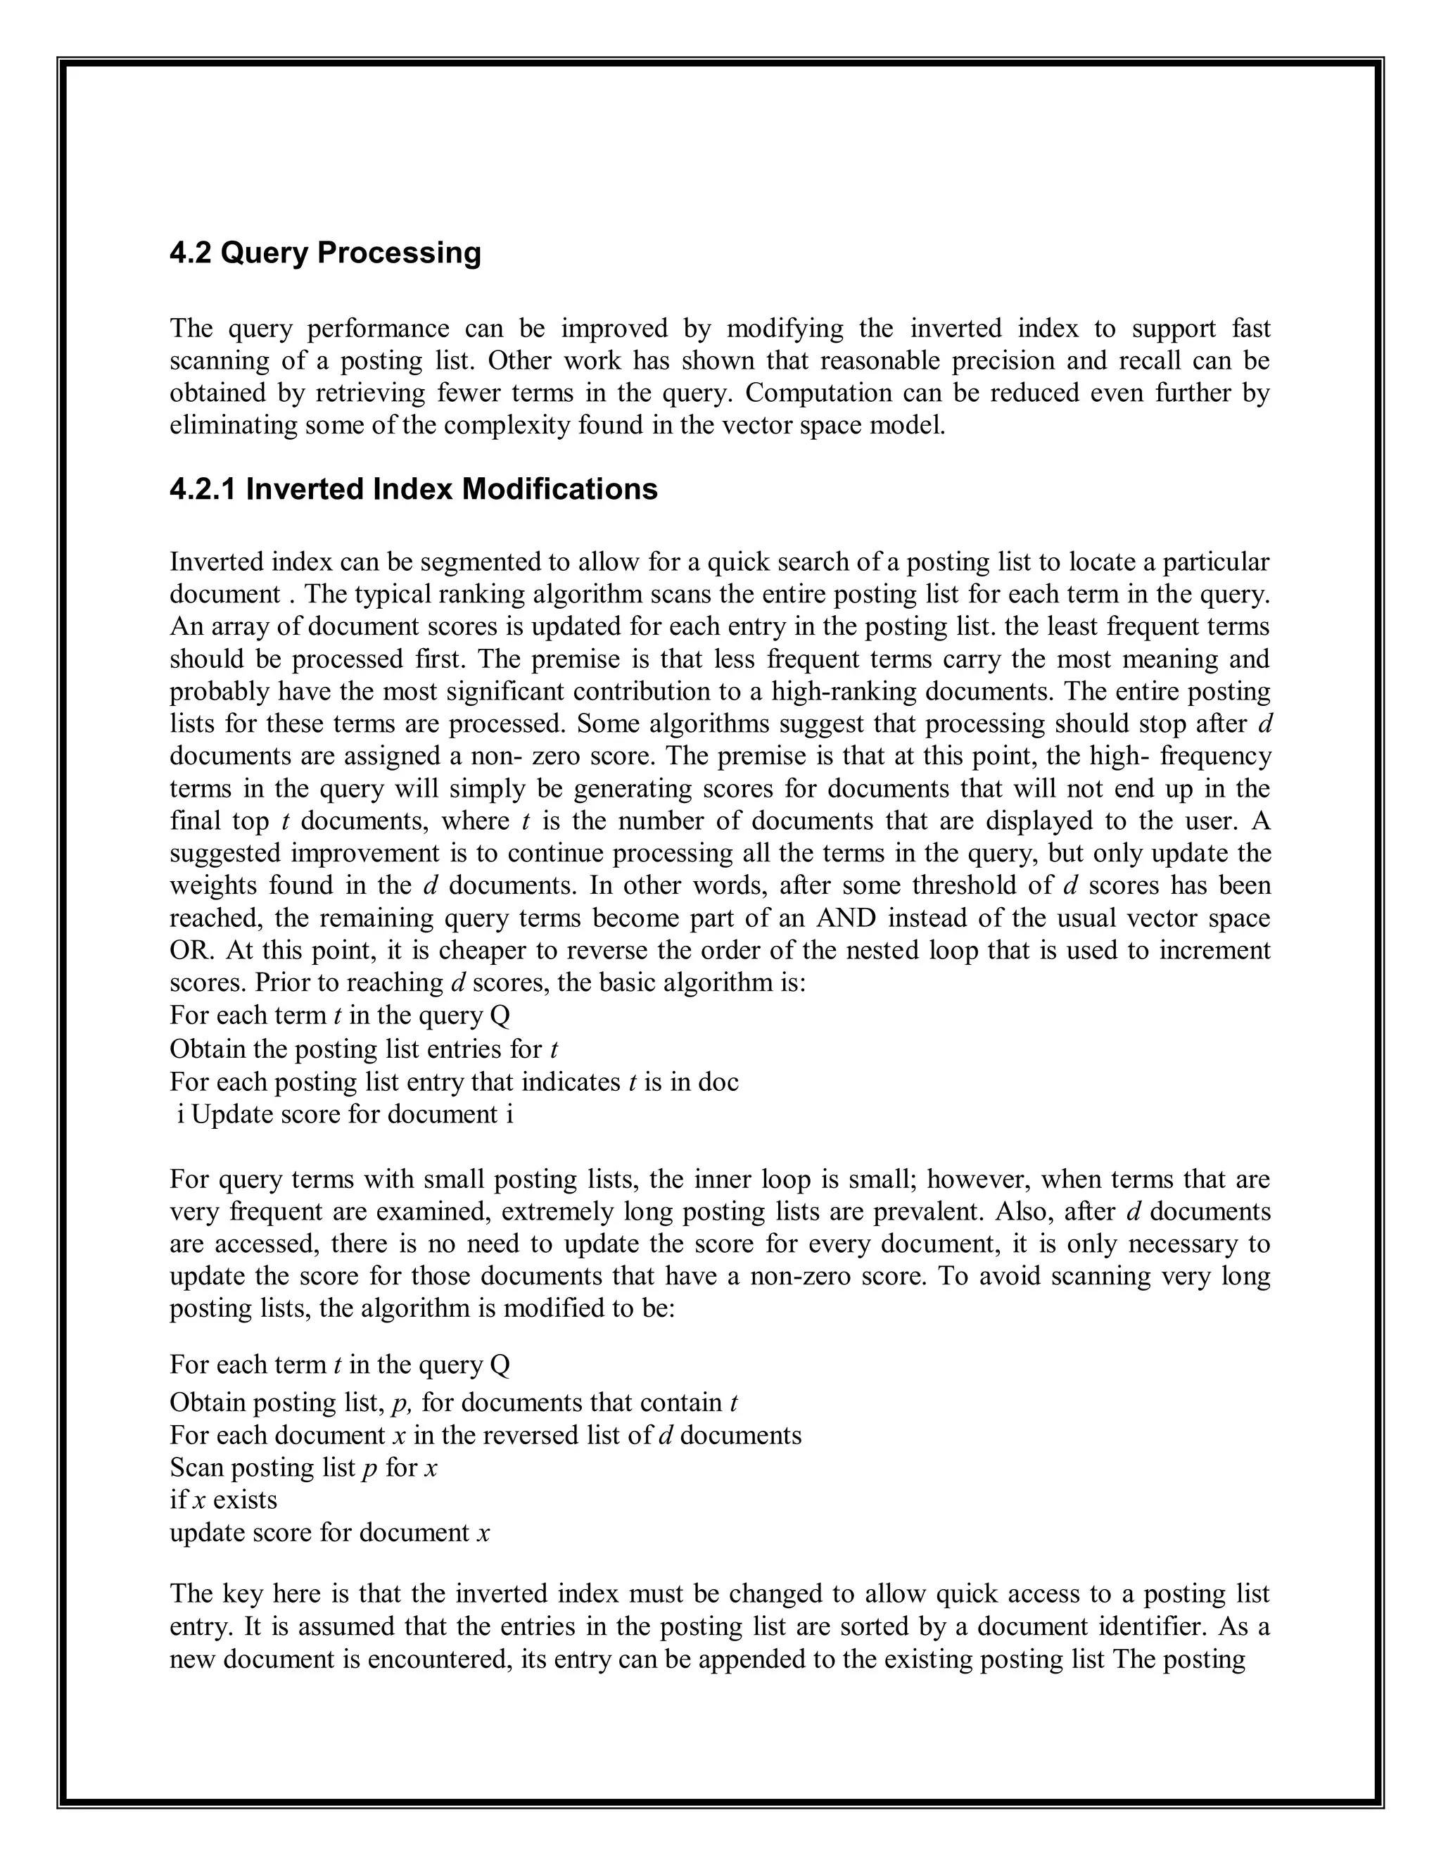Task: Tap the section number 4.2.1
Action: (x=203, y=489)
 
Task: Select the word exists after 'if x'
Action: (x=245, y=1500)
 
